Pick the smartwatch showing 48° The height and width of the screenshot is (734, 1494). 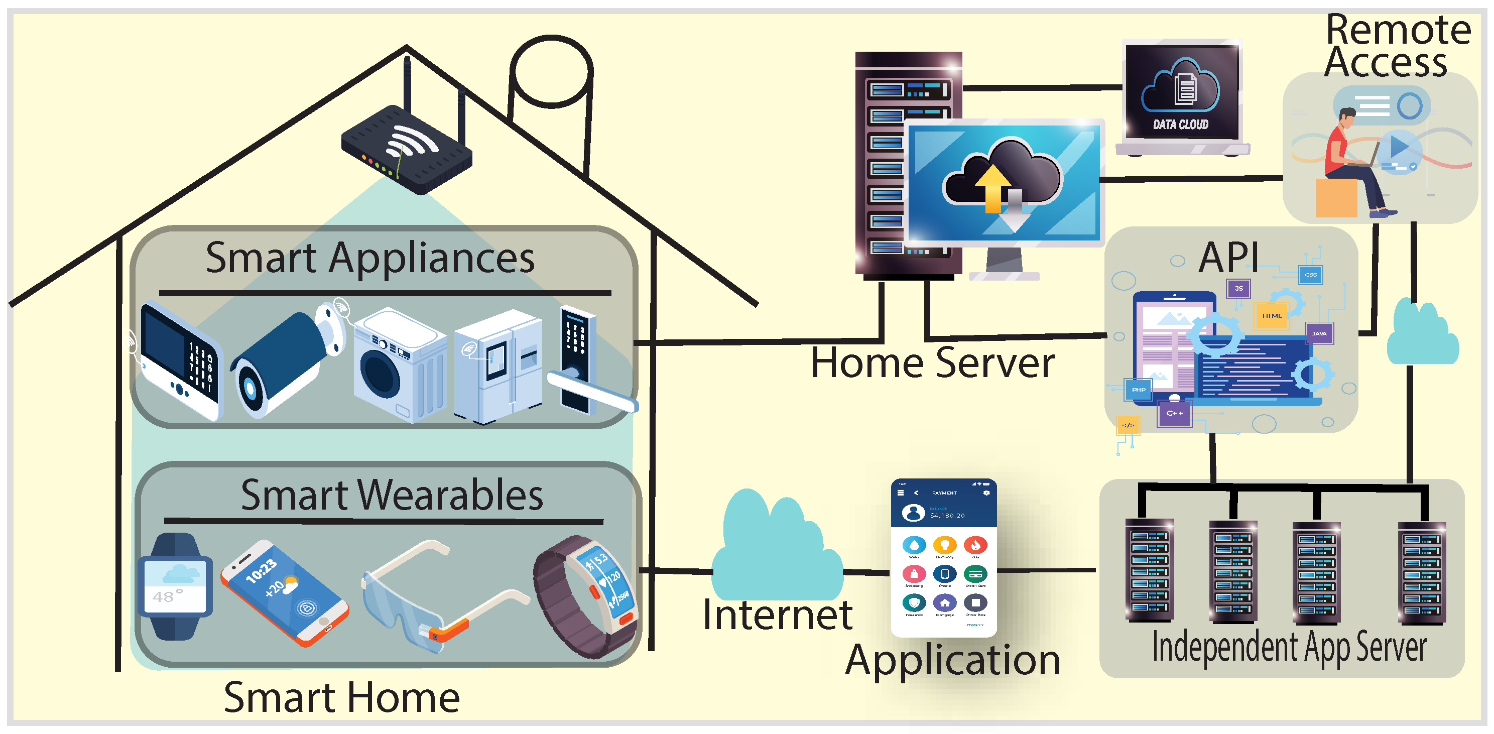tap(175, 586)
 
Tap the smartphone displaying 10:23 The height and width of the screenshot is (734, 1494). tap(284, 592)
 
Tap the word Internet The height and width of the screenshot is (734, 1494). tap(777, 615)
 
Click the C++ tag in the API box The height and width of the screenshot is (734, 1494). tap(1174, 413)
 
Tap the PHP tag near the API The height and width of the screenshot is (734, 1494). tap(1139, 389)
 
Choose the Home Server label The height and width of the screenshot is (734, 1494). tap(932, 363)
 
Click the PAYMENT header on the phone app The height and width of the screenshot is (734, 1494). tap(944, 493)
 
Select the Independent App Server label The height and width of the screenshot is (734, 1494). tap(1289, 648)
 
